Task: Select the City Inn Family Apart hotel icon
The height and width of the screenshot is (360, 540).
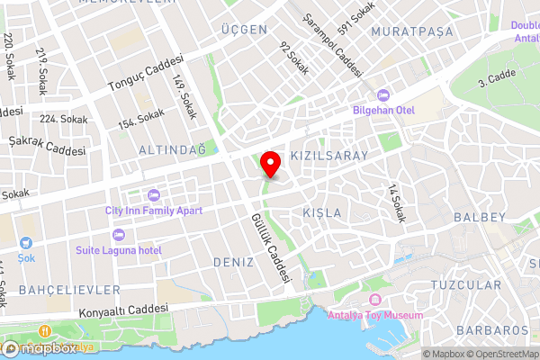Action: coord(153,195)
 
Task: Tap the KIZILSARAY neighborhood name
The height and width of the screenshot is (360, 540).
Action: coord(330,156)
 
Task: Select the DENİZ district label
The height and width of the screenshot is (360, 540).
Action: coord(234,261)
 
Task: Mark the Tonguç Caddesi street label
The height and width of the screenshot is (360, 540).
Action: coord(145,76)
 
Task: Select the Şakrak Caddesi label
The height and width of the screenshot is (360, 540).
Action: coord(46,144)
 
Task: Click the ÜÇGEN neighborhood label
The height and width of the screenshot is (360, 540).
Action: coord(244,30)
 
